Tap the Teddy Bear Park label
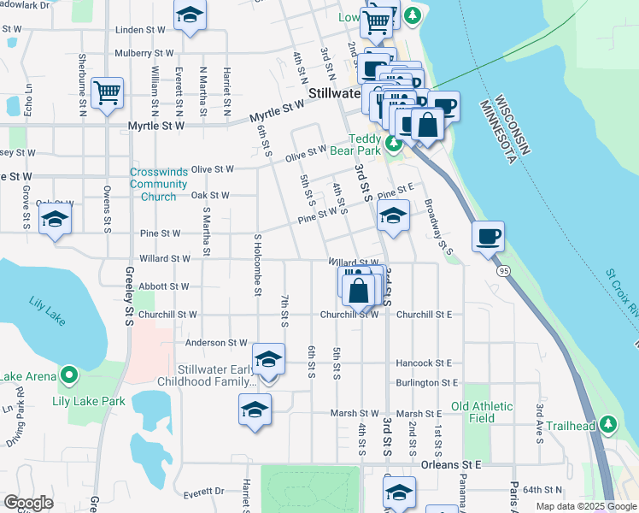point(370,144)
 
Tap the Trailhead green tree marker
point(608,423)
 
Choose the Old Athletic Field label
point(483,412)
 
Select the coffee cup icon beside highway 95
point(488,236)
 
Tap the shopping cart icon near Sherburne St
point(107,92)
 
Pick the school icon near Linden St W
point(191,16)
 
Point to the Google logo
point(29,503)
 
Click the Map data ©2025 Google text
point(585,506)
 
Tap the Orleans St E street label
point(451,464)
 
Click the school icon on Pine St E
point(393,215)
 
